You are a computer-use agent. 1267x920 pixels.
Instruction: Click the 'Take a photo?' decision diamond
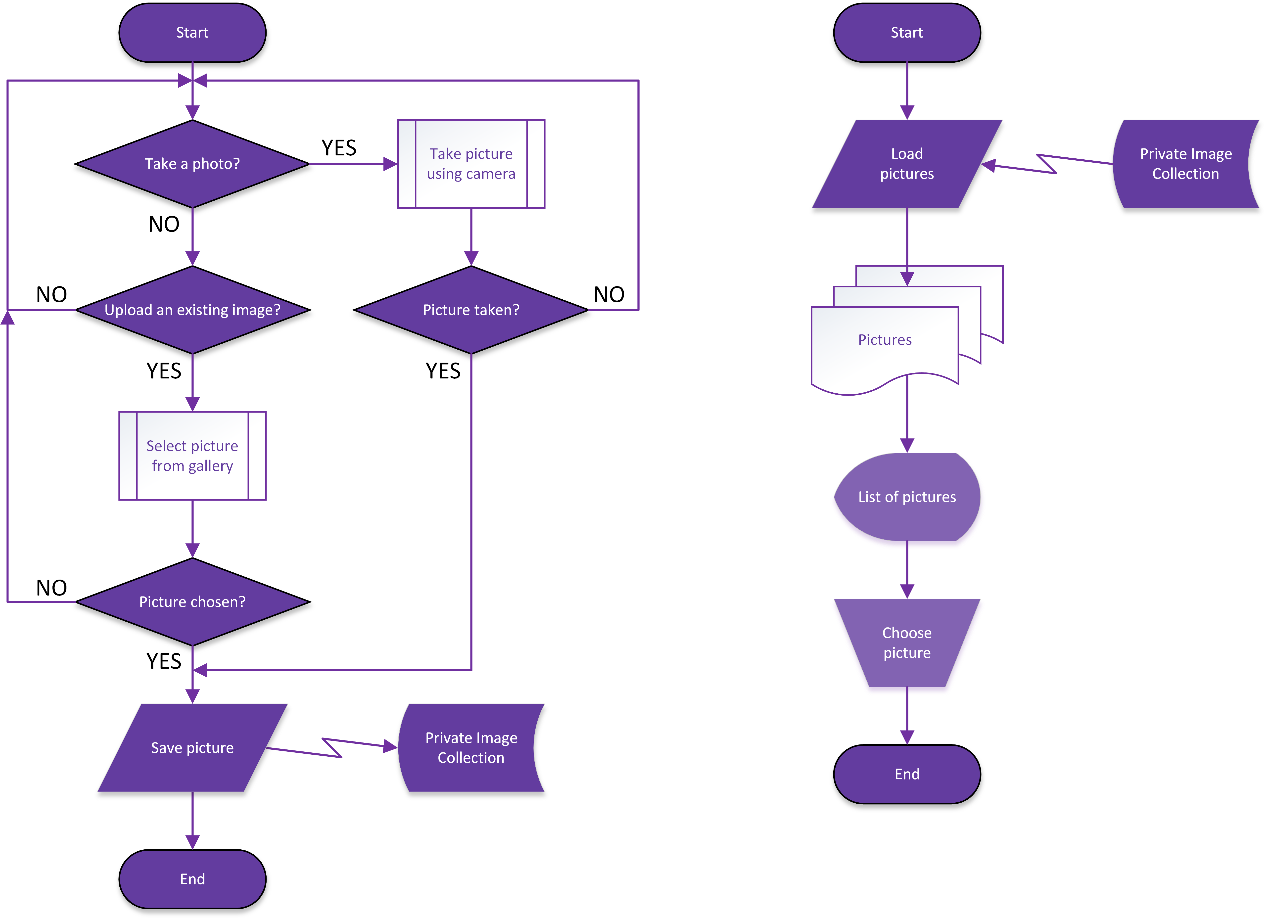[192, 164]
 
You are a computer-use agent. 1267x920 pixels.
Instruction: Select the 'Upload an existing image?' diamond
[192, 310]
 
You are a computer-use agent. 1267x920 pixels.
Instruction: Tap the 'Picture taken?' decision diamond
[471, 310]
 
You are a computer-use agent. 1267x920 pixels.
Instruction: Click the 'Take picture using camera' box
[471, 164]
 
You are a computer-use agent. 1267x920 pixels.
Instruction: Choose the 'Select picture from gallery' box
[192, 456]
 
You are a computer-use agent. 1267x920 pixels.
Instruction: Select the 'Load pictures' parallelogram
[907, 164]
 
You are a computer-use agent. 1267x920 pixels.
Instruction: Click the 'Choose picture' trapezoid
[907, 643]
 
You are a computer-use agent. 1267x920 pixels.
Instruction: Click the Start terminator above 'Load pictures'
[907, 32]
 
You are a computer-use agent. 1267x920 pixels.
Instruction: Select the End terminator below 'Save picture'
[192, 879]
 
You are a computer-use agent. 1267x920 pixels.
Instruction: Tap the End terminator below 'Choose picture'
[907, 774]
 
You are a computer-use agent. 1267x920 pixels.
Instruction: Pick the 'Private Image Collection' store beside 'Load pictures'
[1185, 164]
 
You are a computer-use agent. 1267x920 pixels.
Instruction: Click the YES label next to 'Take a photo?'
[338, 148]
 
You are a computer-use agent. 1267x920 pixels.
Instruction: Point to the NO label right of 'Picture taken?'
[609, 294]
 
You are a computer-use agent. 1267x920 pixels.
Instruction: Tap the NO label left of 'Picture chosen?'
[51, 588]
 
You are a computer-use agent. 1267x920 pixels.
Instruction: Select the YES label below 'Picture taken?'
[443, 371]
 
